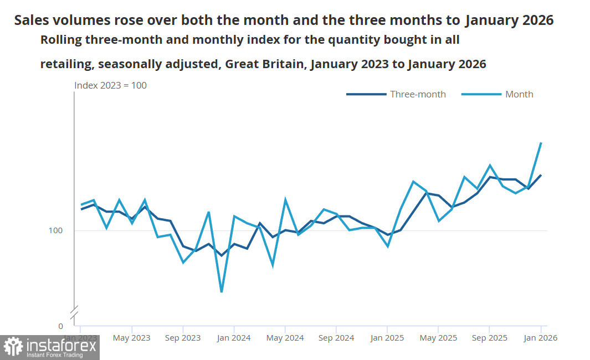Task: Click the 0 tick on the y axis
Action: click(60, 326)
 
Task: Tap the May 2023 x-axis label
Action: click(131, 337)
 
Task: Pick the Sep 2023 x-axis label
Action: click(182, 337)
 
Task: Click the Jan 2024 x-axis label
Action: click(233, 337)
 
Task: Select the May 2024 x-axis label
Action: click(285, 337)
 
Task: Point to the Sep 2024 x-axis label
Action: click(336, 337)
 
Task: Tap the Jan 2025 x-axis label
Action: click(387, 337)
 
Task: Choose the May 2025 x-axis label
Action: click(438, 337)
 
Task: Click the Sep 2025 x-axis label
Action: click(489, 337)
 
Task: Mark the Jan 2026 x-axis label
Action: click(540, 337)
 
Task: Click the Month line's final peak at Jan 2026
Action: click(541, 143)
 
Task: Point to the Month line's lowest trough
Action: click(221, 292)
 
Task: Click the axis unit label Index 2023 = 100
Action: click(111, 85)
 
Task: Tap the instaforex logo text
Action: click(61, 347)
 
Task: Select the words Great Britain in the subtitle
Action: click(265, 64)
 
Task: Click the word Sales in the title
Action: click(31, 20)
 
